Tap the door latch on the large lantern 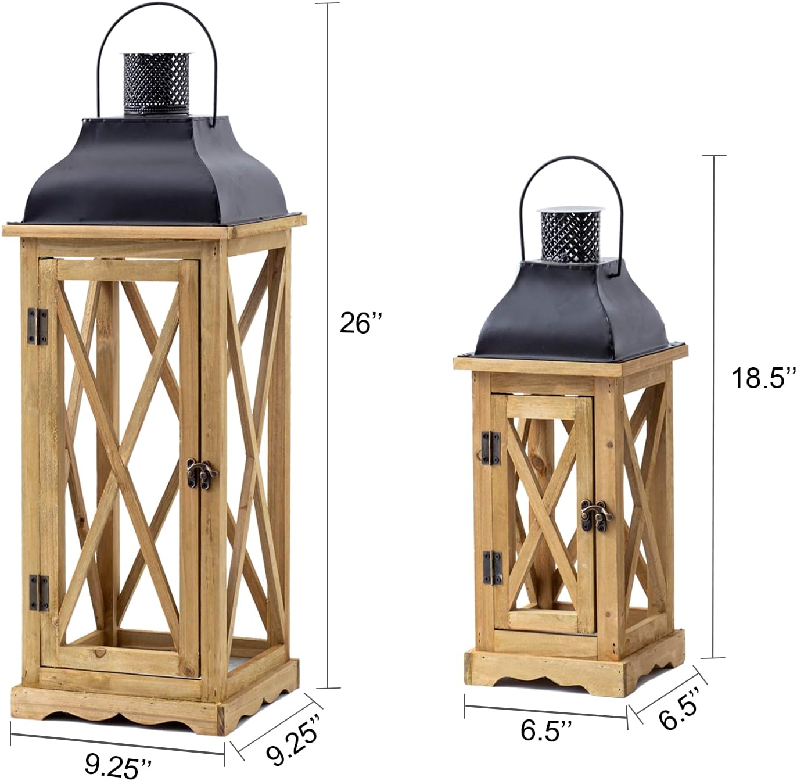tap(201, 473)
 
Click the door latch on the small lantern tap(597, 515)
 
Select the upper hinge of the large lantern tap(38, 326)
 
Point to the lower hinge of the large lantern tap(40, 592)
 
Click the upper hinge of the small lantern tap(491, 447)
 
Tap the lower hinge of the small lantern tap(492, 567)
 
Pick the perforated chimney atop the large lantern tap(156, 83)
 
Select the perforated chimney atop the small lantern tap(570, 235)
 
